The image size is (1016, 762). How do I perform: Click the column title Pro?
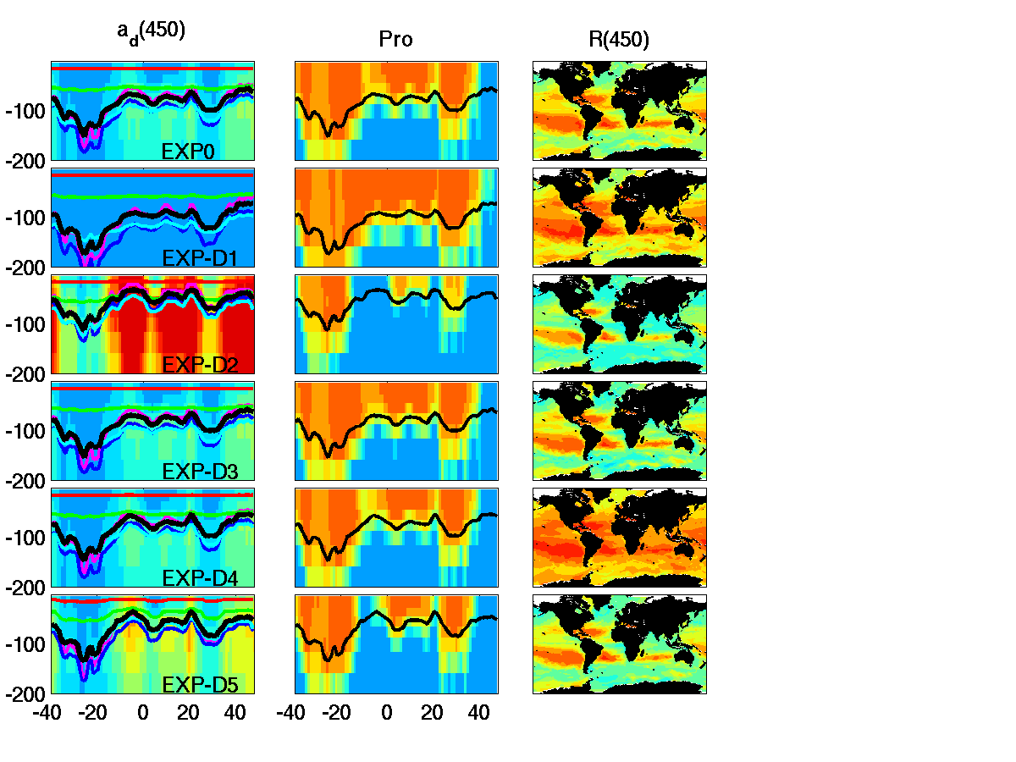tap(395, 40)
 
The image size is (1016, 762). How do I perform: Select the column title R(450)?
tap(619, 40)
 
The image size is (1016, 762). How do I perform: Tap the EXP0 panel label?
tap(187, 152)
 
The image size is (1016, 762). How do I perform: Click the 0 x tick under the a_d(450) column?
tap(142, 714)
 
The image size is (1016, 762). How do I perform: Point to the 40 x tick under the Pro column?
tap(478, 714)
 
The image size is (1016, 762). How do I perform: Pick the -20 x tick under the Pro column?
tap(337, 714)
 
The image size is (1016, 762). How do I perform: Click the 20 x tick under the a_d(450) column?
tap(189, 714)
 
